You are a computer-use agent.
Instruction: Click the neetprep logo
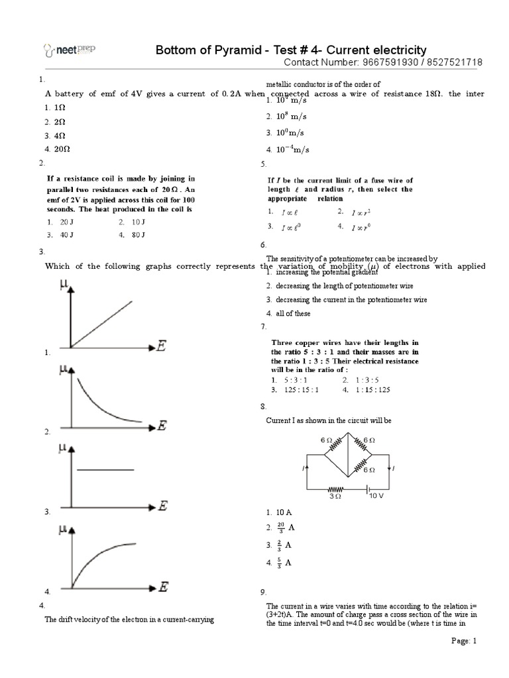click(x=65, y=49)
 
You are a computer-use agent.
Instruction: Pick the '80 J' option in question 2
click(x=138, y=234)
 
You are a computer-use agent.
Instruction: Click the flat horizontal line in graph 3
click(x=105, y=470)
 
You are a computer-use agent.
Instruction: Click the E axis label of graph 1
click(x=161, y=346)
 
